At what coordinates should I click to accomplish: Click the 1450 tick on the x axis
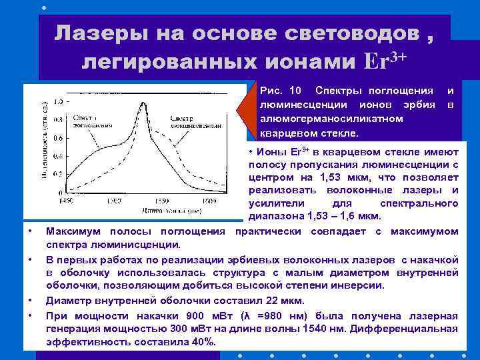[66, 200]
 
